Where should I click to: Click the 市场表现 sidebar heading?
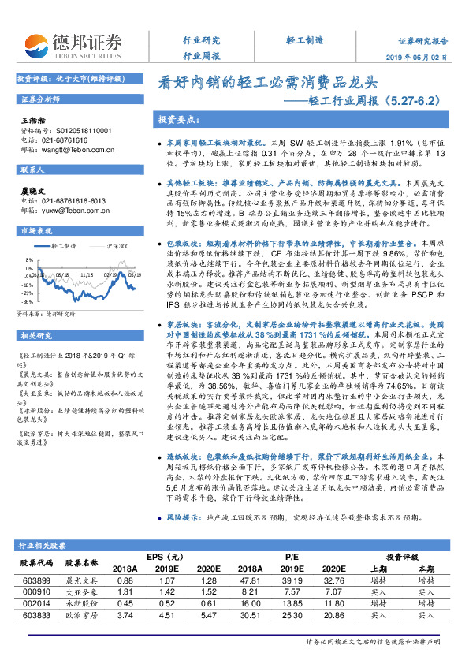(x=36, y=230)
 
